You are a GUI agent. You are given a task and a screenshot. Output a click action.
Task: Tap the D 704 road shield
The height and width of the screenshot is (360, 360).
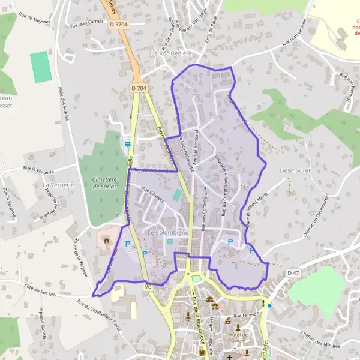pyautogui.click(x=139, y=88)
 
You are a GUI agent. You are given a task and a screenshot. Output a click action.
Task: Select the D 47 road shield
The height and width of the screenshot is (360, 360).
pyautogui.click(x=293, y=273)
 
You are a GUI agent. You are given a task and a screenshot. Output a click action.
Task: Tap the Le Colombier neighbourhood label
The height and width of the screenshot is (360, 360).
pyautogui.click(x=163, y=232)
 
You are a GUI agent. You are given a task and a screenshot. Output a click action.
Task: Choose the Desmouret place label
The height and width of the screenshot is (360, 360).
pyautogui.click(x=295, y=170)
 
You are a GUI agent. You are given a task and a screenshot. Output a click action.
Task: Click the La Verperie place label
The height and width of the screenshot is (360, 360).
pyautogui.click(x=58, y=185)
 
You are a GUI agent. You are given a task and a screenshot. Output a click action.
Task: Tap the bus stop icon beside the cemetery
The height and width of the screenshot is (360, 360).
pyautogui.click(x=127, y=144)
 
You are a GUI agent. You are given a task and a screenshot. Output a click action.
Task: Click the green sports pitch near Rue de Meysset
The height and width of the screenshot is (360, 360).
pyautogui.click(x=40, y=67)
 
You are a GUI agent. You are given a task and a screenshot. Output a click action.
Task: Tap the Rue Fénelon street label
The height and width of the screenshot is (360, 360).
pyautogui.click(x=246, y=315)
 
